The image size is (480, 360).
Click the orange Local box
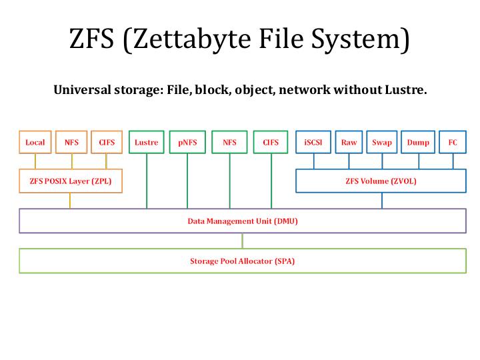35,142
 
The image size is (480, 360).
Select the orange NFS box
71,142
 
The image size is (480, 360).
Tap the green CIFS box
271,142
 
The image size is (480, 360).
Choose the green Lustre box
146,142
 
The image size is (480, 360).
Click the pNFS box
187,142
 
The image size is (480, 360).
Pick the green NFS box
229,142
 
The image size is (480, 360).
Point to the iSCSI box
313,142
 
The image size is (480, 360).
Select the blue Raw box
349,142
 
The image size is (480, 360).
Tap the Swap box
382,142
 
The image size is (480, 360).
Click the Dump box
418,142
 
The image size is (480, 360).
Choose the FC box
453,142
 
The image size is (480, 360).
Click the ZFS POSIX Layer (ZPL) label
71,180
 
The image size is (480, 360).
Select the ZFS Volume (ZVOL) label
381,180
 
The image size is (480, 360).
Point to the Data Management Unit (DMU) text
242,221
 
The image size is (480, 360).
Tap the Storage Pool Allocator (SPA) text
242,261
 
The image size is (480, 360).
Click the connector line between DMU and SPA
242,241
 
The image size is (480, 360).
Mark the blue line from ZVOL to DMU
382,201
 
